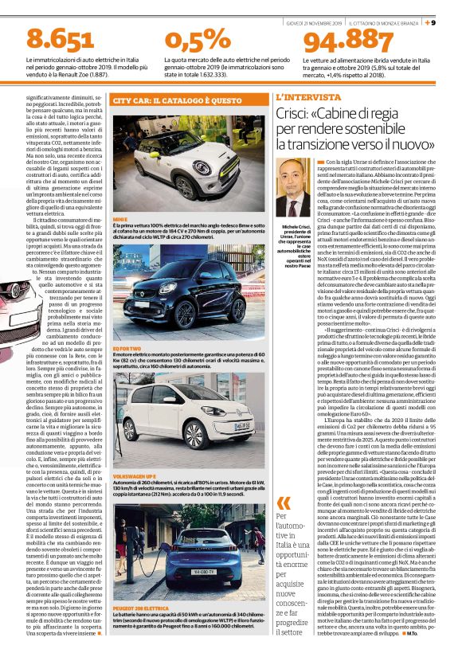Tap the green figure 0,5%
coord(197,37)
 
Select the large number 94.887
coord(350,39)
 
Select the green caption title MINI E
coord(121,217)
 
